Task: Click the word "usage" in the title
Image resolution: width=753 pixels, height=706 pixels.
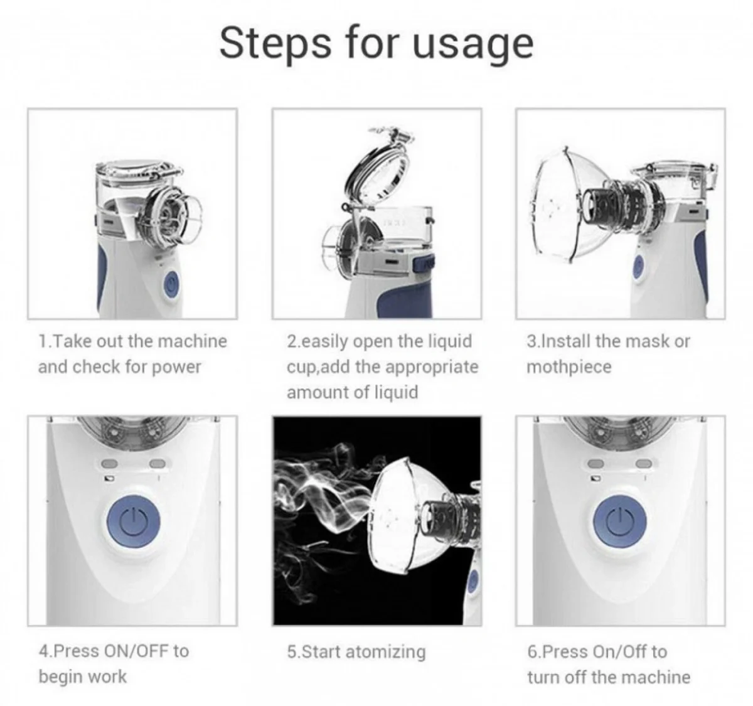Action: [473, 46]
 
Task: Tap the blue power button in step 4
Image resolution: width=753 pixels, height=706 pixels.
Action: [134, 521]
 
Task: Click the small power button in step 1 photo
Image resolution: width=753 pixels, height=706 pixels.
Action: [171, 284]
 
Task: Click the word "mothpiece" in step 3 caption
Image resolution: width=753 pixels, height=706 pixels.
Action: [569, 367]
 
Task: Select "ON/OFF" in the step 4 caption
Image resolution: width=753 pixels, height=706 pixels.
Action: [136, 651]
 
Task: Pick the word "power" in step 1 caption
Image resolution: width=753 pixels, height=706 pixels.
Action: [176, 368]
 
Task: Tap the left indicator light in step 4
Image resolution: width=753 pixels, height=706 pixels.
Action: [109, 464]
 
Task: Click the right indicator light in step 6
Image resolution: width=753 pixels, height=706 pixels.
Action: [643, 464]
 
